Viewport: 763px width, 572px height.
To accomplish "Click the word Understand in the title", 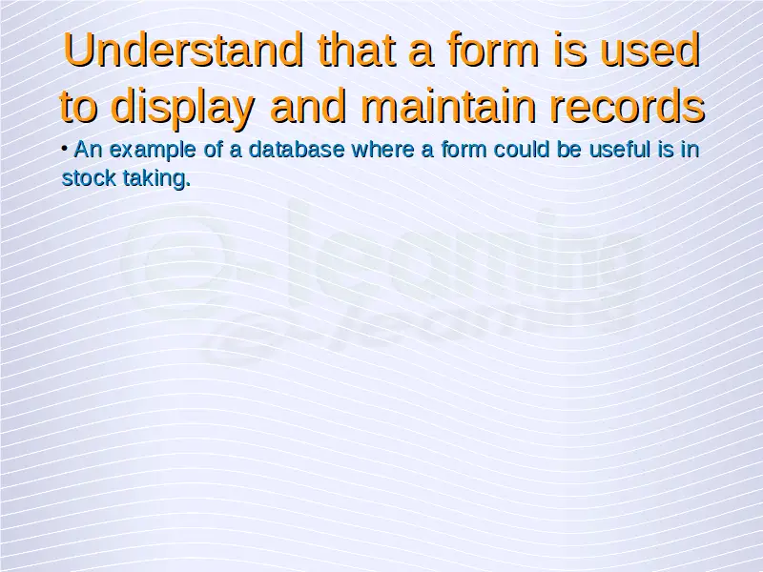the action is tap(183, 50).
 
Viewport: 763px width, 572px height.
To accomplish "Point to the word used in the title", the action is tap(650, 50).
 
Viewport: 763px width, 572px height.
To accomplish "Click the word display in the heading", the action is tap(182, 106).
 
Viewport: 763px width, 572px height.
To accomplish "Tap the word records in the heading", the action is tap(628, 105).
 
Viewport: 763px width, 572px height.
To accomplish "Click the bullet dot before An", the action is tap(65, 147).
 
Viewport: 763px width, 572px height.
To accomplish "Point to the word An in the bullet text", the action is tap(88, 150).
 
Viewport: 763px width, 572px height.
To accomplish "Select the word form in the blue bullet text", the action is tap(464, 150).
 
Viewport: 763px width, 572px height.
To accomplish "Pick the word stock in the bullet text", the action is tap(89, 178).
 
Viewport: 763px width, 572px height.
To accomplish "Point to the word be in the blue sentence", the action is tap(568, 150).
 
